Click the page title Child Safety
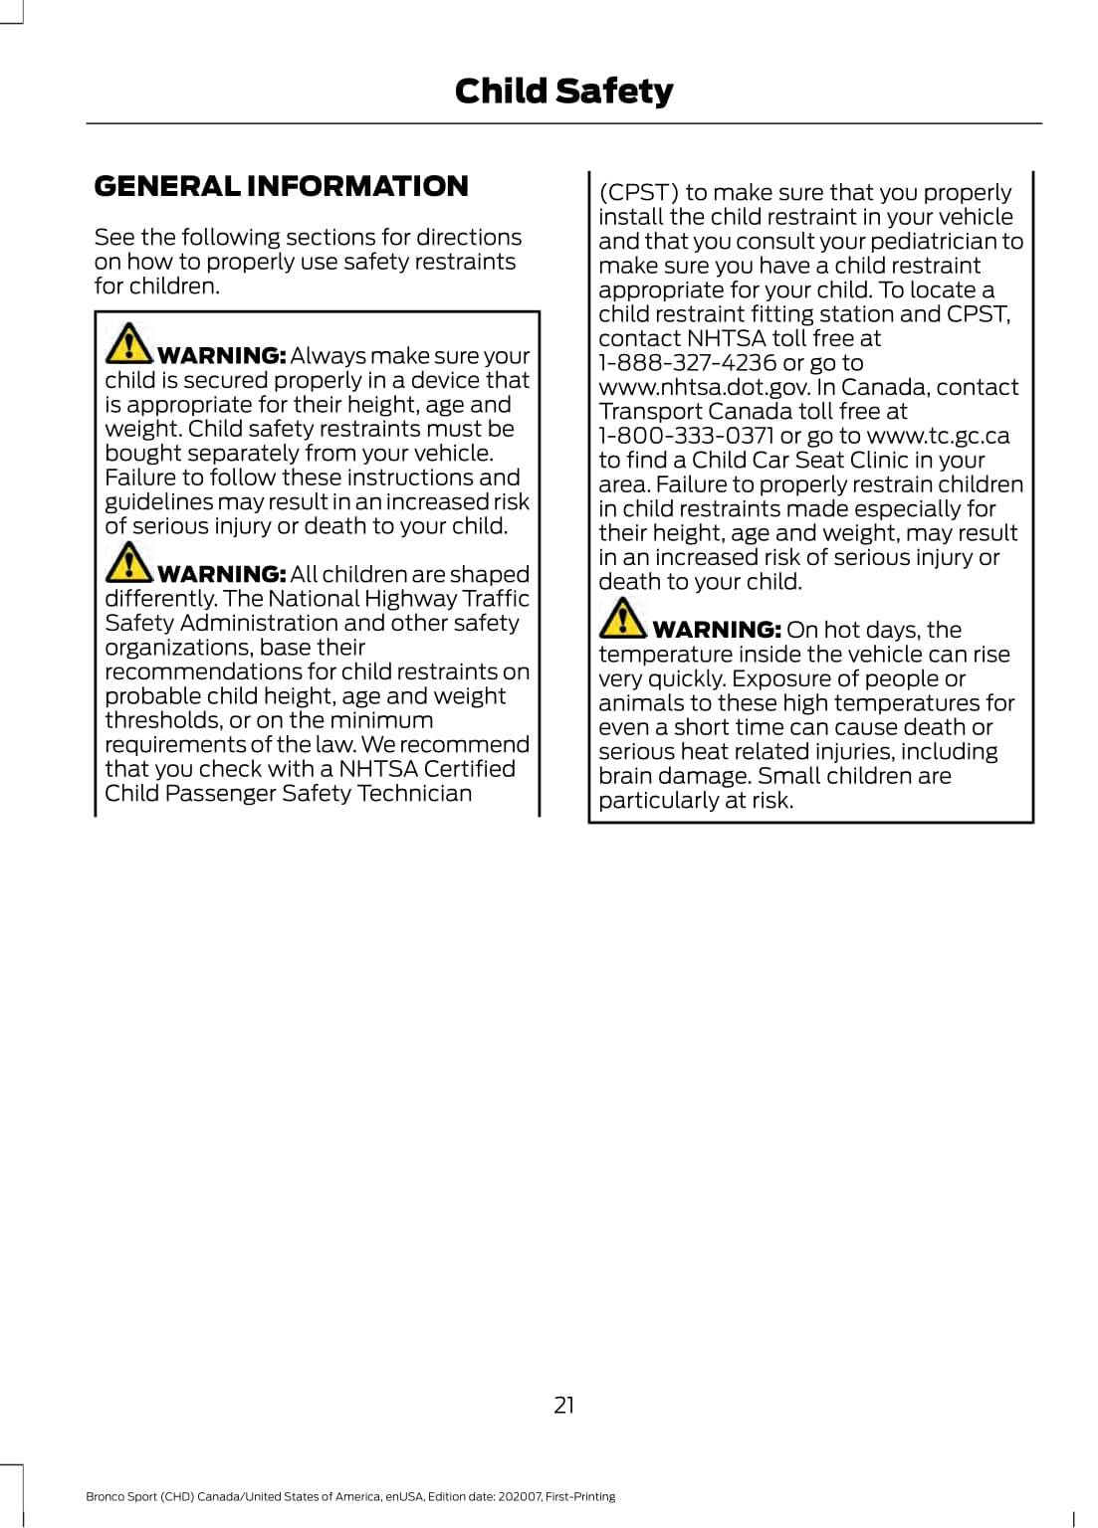pyautogui.click(x=563, y=92)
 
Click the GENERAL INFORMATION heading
pyautogui.click(x=281, y=186)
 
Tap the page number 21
pyautogui.click(x=563, y=1405)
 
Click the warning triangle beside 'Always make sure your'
pyautogui.click(x=128, y=343)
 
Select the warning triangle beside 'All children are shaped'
pyautogui.click(x=128, y=562)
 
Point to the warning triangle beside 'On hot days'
pyautogui.click(x=623, y=618)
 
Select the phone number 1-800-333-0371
pyautogui.click(x=686, y=436)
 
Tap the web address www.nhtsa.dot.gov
pyautogui.click(x=704, y=387)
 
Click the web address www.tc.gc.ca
pyautogui.click(x=938, y=436)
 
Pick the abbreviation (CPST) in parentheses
pyautogui.click(x=638, y=192)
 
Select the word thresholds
pyautogui.click(x=163, y=720)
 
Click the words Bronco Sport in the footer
pyautogui.click(x=121, y=1496)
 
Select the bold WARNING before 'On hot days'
pyautogui.click(x=716, y=630)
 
